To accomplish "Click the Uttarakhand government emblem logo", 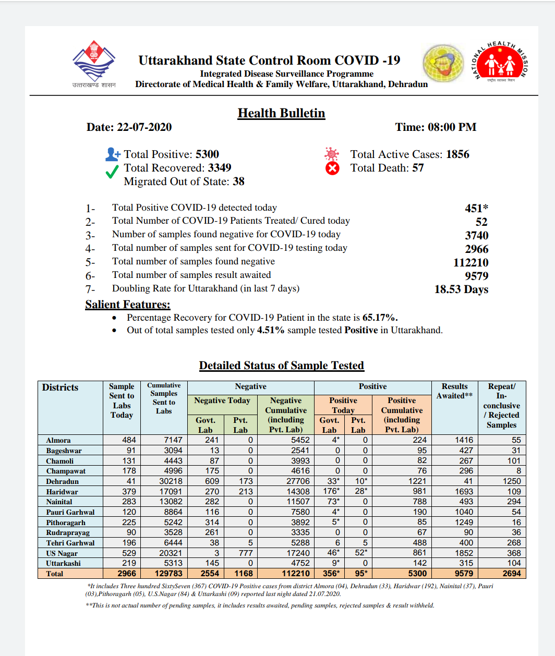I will pyautogui.click(x=94, y=62).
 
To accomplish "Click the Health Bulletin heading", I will pyautogui.click(x=281, y=113).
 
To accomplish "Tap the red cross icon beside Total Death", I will pyautogui.click(x=332, y=168).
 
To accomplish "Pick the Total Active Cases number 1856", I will pyautogui.click(x=457, y=154).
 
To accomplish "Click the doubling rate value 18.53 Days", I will pyautogui.click(x=461, y=289).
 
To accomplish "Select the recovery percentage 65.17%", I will pyautogui.click(x=380, y=318).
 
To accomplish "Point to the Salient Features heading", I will pyautogui.click(x=128, y=305).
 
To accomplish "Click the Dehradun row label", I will pyautogui.click(x=63, y=481).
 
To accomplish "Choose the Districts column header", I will pyautogui.click(x=61, y=387).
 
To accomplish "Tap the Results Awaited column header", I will pyautogui.click(x=454, y=391).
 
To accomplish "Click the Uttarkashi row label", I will pyautogui.click(x=64, y=563).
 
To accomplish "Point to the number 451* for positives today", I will pyautogui.click(x=476, y=208).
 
